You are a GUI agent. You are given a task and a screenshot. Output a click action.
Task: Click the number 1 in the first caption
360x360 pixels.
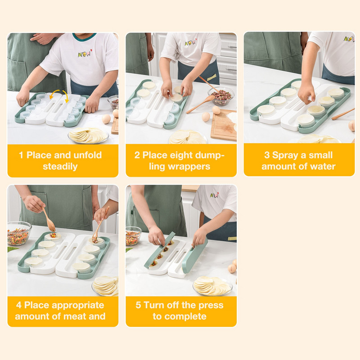point(21,155)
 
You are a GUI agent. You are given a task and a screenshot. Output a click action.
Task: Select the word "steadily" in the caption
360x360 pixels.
point(60,166)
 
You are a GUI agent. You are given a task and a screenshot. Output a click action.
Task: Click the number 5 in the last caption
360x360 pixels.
point(138,305)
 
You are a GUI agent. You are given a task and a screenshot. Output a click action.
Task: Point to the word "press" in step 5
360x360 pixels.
point(211,306)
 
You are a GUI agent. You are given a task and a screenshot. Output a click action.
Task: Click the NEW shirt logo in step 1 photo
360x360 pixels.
point(85,54)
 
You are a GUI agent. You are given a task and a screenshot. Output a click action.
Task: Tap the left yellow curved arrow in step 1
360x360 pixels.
point(54,94)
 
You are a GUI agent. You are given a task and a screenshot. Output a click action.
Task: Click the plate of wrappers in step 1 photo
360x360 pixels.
point(88,135)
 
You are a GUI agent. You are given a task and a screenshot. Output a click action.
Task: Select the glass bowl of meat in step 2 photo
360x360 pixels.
point(221,96)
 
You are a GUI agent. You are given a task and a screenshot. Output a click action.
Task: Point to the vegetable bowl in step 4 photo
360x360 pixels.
point(19,233)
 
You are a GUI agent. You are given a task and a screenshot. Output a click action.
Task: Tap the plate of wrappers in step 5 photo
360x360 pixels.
point(212,286)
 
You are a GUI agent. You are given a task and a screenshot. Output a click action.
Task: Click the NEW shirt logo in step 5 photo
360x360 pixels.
point(214,195)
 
